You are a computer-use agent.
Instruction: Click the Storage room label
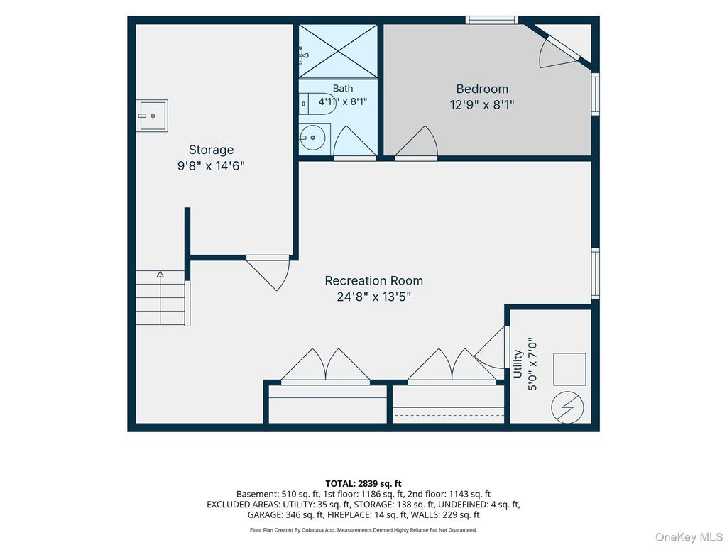pos(211,150)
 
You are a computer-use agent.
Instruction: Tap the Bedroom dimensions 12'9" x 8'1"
pos(482,105)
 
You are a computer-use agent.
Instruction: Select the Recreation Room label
pos(373,281)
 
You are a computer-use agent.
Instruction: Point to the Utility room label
pos(518,364)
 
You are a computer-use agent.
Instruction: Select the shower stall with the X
pos(337,51)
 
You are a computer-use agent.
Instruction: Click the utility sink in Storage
pos(152,116)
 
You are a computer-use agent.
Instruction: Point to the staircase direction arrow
pos(160,297)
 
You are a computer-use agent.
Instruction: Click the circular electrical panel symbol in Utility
pos(567,407)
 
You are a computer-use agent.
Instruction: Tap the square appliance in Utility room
pos(569,369)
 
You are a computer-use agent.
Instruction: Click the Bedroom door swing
pos(416,143)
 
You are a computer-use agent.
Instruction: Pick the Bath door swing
pos(355,143)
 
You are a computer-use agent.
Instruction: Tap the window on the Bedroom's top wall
pos(492,20)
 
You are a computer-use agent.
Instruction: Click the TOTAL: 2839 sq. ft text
pos(363,484)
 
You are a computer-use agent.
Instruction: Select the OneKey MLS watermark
pos(689,537)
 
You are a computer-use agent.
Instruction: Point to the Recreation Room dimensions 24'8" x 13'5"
pos(373,297)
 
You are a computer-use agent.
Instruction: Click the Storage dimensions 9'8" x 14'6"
pos(211,165)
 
